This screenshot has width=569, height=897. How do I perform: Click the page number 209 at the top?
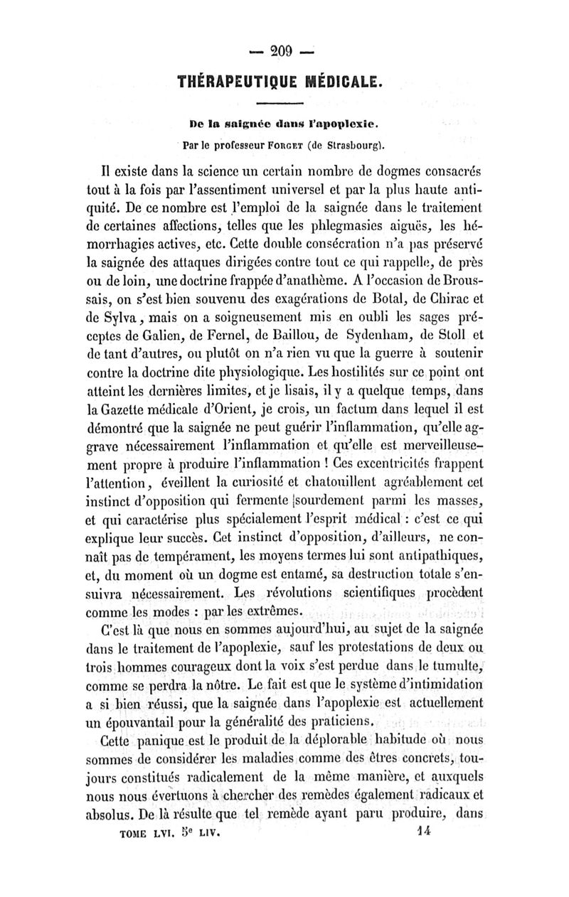[x=284, y=49]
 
